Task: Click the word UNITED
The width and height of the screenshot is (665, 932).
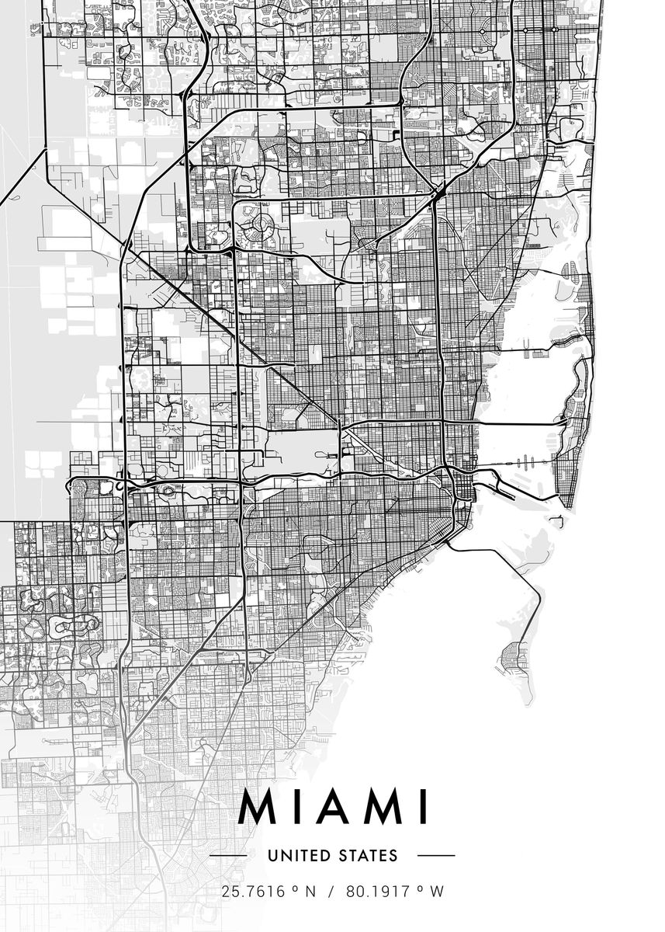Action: pyautogui.click(x=297, y=856)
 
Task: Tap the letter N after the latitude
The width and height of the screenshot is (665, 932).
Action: pyautogui.click(x=310, y=892)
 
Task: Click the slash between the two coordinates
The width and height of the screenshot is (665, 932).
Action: pyautogui.click(x=331, y=892)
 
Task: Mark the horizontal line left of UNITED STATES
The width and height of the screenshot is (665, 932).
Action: pyautogui.click(x=229, y=856)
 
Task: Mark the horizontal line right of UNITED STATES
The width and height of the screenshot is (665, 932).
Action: pyautogui.click(x=436, y=856)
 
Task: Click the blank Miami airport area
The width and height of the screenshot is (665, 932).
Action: pyautogui.click(x=299, y=450)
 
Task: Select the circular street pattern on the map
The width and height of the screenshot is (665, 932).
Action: pyautogui.click(x=258, y=228)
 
